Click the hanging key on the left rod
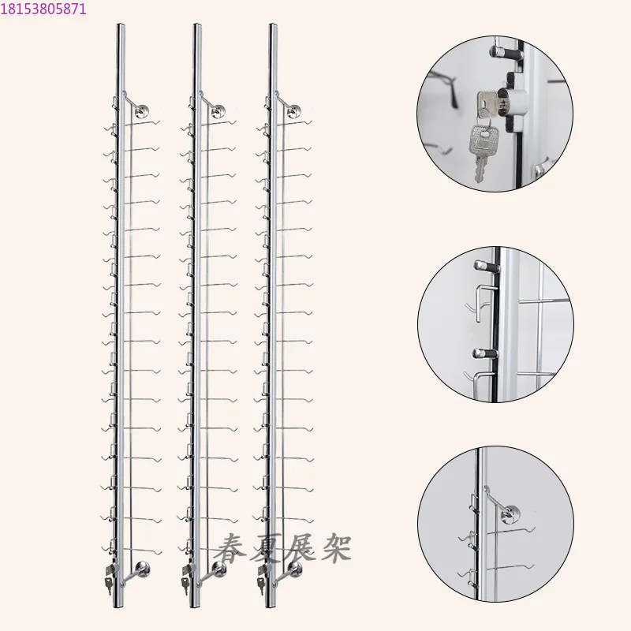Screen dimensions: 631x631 [x=110, y=584]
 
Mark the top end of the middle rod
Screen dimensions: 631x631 [x=196, y=28]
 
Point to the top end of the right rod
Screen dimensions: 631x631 [x=272, y=28]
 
